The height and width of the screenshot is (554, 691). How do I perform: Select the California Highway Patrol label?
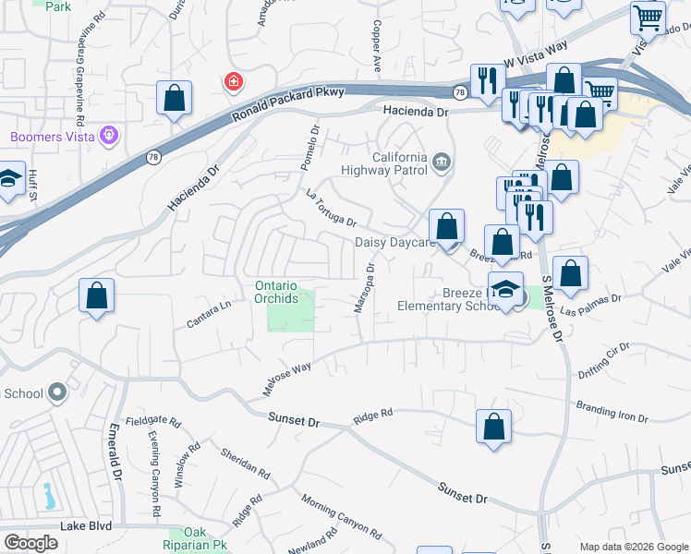click(399, 163)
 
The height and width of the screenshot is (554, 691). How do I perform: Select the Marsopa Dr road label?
click(363, 288)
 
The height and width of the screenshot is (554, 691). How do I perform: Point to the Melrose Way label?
click(286, 379)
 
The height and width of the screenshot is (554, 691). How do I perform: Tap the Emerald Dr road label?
click(115, 451)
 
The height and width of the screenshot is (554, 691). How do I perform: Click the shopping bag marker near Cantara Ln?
click(96, 297)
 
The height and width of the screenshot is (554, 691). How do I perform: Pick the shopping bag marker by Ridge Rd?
click(494, 428)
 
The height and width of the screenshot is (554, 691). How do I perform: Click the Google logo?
click(30, 543)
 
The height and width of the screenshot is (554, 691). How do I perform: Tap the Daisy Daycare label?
click(394, 243)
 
